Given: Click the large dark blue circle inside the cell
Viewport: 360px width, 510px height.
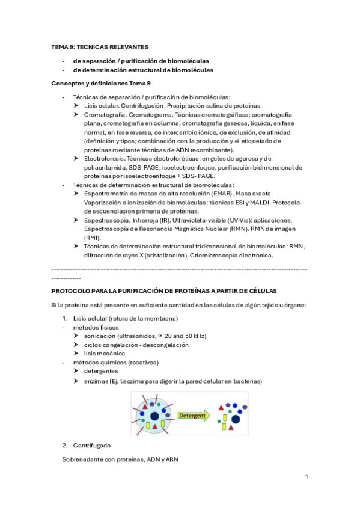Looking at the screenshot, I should [x=155, y=416].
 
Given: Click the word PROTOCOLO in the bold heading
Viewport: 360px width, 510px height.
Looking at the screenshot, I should [x=73, y=290].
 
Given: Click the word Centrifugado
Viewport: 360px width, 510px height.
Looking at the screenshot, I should [x=92, y=446].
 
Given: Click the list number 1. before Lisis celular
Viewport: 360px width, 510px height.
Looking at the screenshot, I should [x=66, y=318].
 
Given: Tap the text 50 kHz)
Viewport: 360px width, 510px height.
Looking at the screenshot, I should [x=194, y=336].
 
